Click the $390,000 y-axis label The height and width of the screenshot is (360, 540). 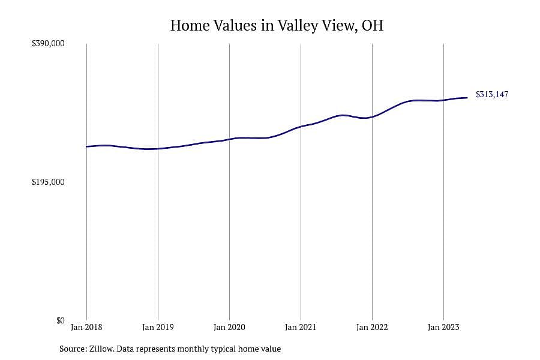coord(48,43)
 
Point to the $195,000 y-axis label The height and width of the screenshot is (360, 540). coord(48,182)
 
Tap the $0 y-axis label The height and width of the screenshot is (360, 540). coord(60,321)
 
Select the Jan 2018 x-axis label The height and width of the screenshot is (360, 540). coord(86,327)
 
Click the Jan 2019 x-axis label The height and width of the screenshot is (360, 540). coord(158,327)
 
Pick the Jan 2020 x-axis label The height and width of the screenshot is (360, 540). coord(229,327)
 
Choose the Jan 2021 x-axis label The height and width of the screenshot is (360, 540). coord(301,327)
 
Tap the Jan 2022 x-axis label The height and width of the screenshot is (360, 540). coord(372,327)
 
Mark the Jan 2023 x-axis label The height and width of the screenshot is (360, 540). coord(443,327)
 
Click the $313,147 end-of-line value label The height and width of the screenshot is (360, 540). coord(492,94)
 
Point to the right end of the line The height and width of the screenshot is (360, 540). coord(467,98)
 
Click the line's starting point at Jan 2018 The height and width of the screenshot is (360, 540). coord(86,147)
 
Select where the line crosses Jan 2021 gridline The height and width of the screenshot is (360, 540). coord(301,127)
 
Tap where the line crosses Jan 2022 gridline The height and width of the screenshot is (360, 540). coord(372,117)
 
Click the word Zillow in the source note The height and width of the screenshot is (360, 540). coord(101,349)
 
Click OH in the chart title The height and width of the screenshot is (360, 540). coord(373,25)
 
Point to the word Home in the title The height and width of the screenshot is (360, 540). coord(190,25)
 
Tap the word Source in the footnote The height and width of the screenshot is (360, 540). coord(73,349)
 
